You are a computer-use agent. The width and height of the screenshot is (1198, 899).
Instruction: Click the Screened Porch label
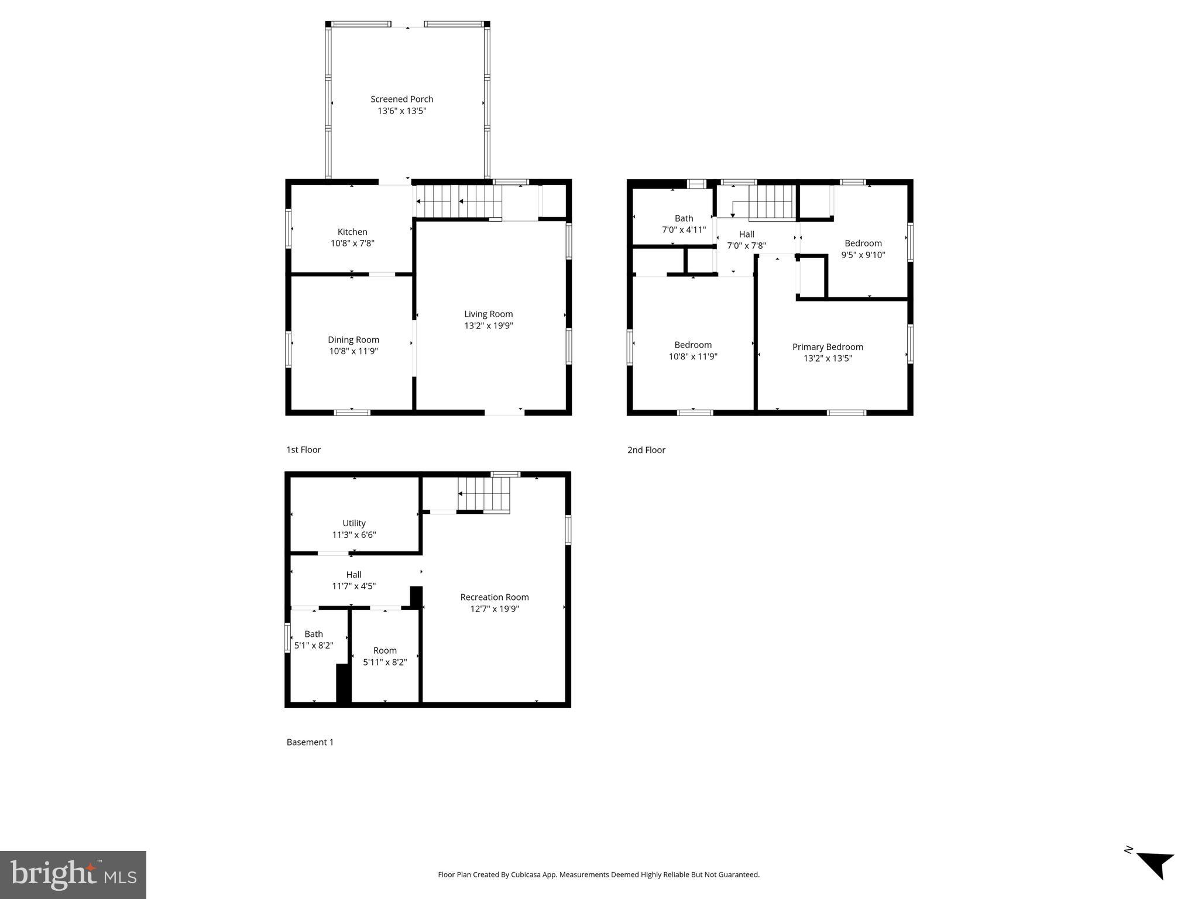pyautogui.click(x=401, y=99)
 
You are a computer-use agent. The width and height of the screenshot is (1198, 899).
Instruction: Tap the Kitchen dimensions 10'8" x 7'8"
pyautogui.click(x=352, y=243)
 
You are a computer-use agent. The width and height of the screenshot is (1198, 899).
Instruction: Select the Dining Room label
pyautogui.click(x=353, y=339)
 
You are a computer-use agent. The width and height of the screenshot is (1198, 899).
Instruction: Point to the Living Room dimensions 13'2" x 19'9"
pyautogui.click(x=488, y=326)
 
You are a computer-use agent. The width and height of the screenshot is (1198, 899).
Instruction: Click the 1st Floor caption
pyautogui.click(x=303, y=449)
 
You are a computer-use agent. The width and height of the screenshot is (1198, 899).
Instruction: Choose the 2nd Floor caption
pyautogui.click(x=646, y=450)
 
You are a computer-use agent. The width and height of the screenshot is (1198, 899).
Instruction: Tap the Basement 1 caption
pyautogui.click(x=310, y=742)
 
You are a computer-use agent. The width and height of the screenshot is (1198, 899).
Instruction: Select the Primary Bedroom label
pyautogui.click(x=827, y=347)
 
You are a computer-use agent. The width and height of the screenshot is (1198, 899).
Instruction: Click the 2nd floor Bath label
pyautogui.click(x=684, y=218)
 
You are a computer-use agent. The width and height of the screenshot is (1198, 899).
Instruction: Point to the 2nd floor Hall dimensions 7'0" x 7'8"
pyautogui.click(x=746, y=246)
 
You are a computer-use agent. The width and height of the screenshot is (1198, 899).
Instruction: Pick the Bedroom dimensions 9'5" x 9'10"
pyautogui.click(x=863, y=255)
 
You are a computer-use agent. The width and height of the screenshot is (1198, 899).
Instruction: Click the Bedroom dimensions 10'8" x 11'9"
pyautogui.click(x=693, y=356)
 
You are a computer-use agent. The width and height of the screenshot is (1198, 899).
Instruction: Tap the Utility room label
pyautogui.click(x=353, y=523)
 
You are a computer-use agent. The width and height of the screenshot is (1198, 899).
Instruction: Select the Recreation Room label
pyautogui.click(x=494, y=597)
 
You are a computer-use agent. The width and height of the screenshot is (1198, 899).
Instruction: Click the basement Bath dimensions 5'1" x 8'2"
pyautogui.click(x=314, y=646)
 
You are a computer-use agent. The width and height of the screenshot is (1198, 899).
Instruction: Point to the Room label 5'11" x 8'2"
pyautogui.click(x=385, y=650)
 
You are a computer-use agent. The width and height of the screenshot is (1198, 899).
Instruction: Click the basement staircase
pyautogui.click(x=484, y=494)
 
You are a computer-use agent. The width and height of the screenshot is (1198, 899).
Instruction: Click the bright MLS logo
pyautogui.click(x=73, y=874)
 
